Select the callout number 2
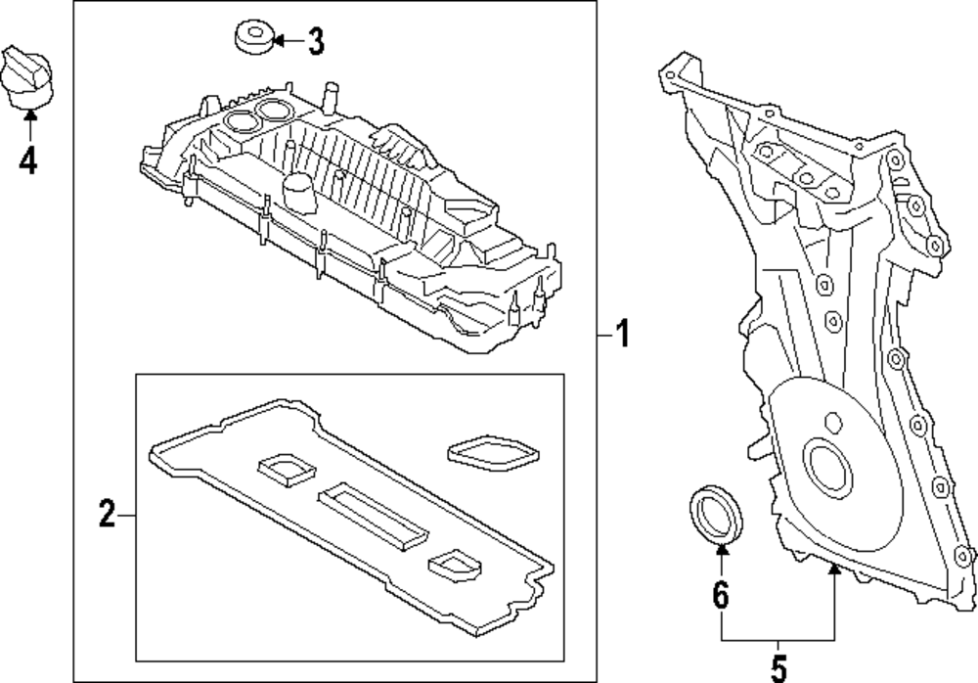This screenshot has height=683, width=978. click(x=107, y=514)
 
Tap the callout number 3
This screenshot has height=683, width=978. click(x=314, y=41)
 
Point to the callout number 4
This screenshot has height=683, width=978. click(x=29, y=159)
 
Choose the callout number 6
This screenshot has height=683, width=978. click(x=721, y=595)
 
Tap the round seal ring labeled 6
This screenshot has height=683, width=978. click(x=717, y=512)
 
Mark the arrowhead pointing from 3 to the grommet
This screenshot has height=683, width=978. click(x=279, y=41)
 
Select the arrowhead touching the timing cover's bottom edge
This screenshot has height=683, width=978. click(x=833, y=570)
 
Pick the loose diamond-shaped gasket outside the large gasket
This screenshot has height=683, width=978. click(x=493, y=451)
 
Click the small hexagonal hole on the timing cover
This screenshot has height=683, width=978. click(x=834, y=423)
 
